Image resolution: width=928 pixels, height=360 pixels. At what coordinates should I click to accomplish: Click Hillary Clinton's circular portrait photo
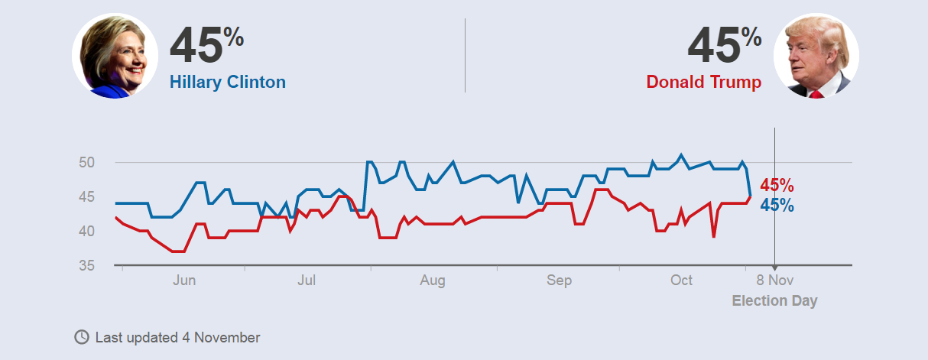click(115, 56)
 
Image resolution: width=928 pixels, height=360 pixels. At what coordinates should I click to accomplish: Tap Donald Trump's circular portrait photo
click(816, 56)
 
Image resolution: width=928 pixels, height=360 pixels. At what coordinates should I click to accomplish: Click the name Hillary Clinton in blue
click(227, 83)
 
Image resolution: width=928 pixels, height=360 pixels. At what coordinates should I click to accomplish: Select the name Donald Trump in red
click(703, 83)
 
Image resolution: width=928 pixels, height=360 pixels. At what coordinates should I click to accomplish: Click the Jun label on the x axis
click(184, 281)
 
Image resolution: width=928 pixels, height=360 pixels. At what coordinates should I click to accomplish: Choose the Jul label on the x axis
click(307, 281)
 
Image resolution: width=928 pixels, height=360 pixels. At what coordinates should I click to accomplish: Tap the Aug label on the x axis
click(433, 281)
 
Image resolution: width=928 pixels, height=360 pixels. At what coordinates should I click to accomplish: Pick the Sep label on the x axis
click(559, 281)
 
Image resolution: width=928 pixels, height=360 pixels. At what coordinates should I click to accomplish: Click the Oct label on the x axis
click(681, 281)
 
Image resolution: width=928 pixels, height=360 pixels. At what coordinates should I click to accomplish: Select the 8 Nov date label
click(775, 281)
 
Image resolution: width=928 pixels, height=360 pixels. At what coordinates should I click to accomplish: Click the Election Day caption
click(774, 300)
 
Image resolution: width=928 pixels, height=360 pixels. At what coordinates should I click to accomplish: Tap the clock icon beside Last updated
click(81, 337)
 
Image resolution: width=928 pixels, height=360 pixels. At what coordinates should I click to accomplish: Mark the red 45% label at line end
click(777, 186)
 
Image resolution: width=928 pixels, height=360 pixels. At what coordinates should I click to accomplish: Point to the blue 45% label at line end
click(777, 205)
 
